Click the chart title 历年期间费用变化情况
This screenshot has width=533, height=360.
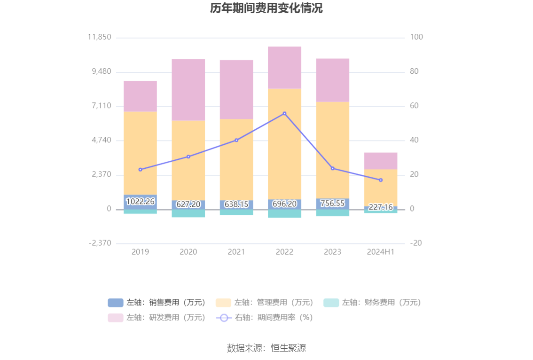click(x=266, y=8)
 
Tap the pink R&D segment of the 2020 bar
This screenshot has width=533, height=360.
click(x=188, y=89)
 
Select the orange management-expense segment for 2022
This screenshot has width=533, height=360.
click(x=284, y=143)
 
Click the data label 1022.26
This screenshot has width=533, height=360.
click(x=140, y=202)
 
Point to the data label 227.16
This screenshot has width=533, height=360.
click(x=380, y=207)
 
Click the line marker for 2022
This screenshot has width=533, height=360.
click(x=284, y=113)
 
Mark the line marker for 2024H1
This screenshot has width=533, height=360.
click(x=380, y=180)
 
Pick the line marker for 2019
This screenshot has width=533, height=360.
click(x=140, y=169)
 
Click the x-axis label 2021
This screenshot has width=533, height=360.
click(x=236, y=252)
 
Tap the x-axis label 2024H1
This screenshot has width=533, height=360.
click(x=380, y=252)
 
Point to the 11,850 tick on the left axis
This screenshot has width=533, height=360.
click(x=99, y=37)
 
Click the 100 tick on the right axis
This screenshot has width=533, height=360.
click(x=416, y=37)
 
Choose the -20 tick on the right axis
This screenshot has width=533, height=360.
click(x=416, y=243)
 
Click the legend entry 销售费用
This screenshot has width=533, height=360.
click(x=157, y=303)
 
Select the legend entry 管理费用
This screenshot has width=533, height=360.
click(x=265, y=303)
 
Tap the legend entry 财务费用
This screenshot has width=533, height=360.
click(x=372, y=303)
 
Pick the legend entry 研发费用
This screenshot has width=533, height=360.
click(x=157, y=318)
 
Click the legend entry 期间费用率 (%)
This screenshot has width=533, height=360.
click(x=265, y=318)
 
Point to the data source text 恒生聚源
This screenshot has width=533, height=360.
click(x=266, y=348)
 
